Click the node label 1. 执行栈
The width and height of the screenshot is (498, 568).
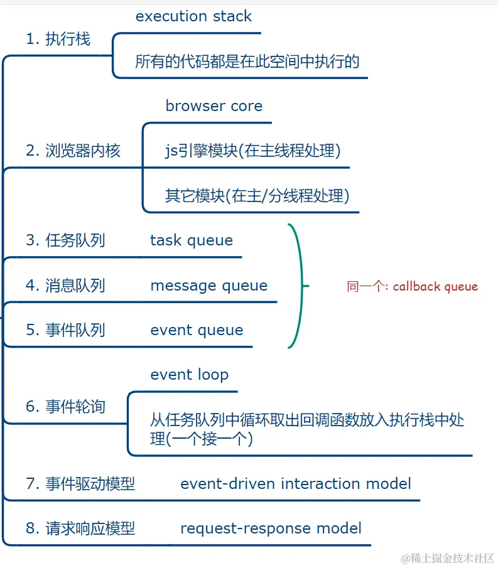click(x=58, y=40)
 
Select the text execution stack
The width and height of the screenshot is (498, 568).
click(x=193, y=16)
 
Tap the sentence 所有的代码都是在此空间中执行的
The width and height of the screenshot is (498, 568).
click(x=247, y=62)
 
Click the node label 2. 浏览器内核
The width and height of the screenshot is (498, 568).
click(x=73, y=151)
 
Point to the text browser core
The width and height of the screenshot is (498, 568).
click(x=214, y=106)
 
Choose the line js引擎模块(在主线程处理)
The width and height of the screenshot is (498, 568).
click(x=252, y=151)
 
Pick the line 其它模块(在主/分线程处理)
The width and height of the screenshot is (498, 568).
click(x=257, y=196)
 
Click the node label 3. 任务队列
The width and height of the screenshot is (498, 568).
click(x=65, y=240)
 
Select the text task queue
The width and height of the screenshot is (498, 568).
click(x=192, y=240)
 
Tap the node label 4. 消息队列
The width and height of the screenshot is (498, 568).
click(x=65, y=286)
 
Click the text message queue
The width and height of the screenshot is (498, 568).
click(x=208, y=286)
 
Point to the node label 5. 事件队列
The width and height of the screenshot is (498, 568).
click(x=65, y=330)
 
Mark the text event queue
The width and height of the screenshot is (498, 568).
click(x=197, y=330)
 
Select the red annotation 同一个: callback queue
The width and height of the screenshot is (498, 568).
click(x=412, y=287)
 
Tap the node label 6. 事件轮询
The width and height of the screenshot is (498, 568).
click(x=65, y=407)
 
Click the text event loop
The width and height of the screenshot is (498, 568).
click(x=189, y=375)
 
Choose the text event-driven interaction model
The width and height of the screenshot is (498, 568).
click(x=295, y=484)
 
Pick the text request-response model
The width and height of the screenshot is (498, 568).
click(x=271, y=528)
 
